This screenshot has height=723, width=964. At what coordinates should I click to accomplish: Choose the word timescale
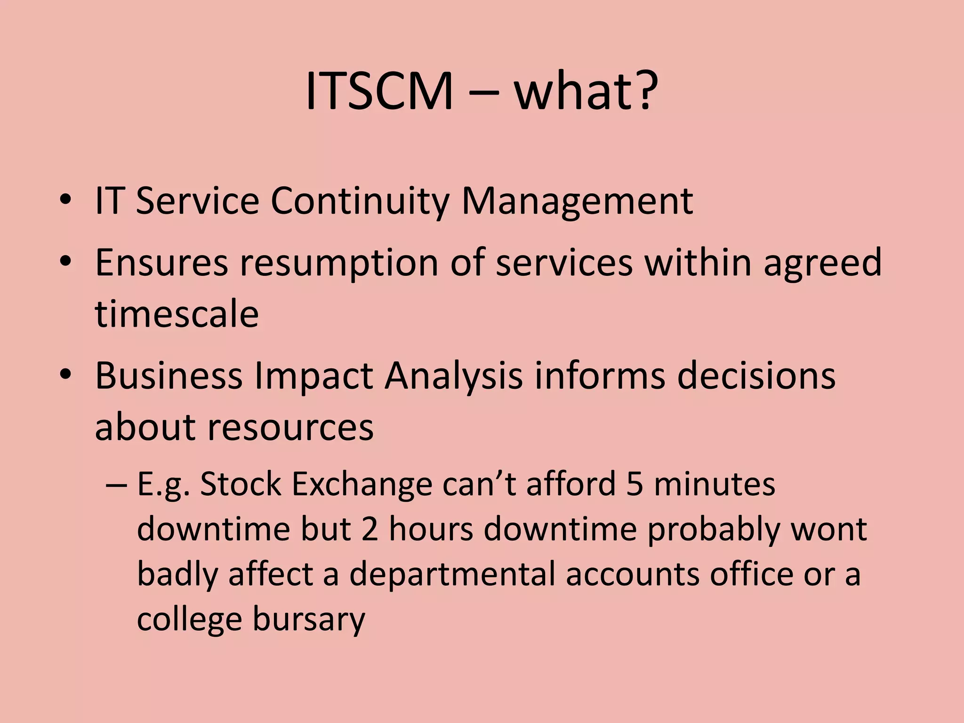pyautogui.click(x=177, y=313)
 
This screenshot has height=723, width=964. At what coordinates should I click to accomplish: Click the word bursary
pyautogui.click(x=309, y=620)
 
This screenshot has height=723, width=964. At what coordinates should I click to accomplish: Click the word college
pyautogui.click(x=189, y=620)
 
